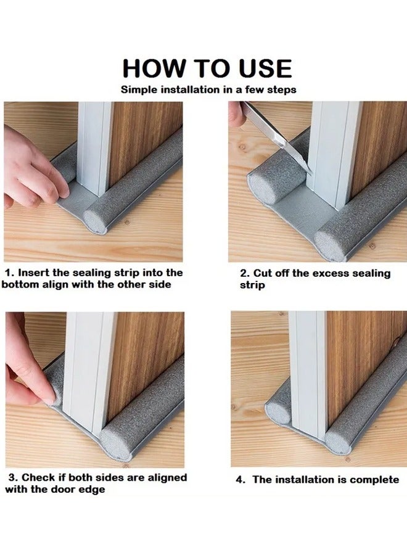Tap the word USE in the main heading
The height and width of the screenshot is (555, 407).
pyautogui.click(x=265, y=68)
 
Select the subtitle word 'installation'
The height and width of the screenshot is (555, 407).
pyautogui.click(x=191, y=89)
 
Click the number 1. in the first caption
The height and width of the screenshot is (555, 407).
pyautogui.click(x=10, y=273)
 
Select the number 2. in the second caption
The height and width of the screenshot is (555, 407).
pyautogui.click(x=245, y=273)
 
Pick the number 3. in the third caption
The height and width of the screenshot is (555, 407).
pyautogui.click(x=14, y=477)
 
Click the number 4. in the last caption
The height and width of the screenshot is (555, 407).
pyautogui.click(x=240, y=480)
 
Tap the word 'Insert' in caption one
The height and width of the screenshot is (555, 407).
pyautogui.click(x=34, y=273)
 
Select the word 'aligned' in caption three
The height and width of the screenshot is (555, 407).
pyautogui.click(x=167, y=478)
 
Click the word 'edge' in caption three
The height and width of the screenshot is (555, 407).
pyautogui.click(x=94, y=490)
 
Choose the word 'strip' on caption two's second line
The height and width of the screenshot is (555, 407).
pyautogui.click(x=252, y=286)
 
